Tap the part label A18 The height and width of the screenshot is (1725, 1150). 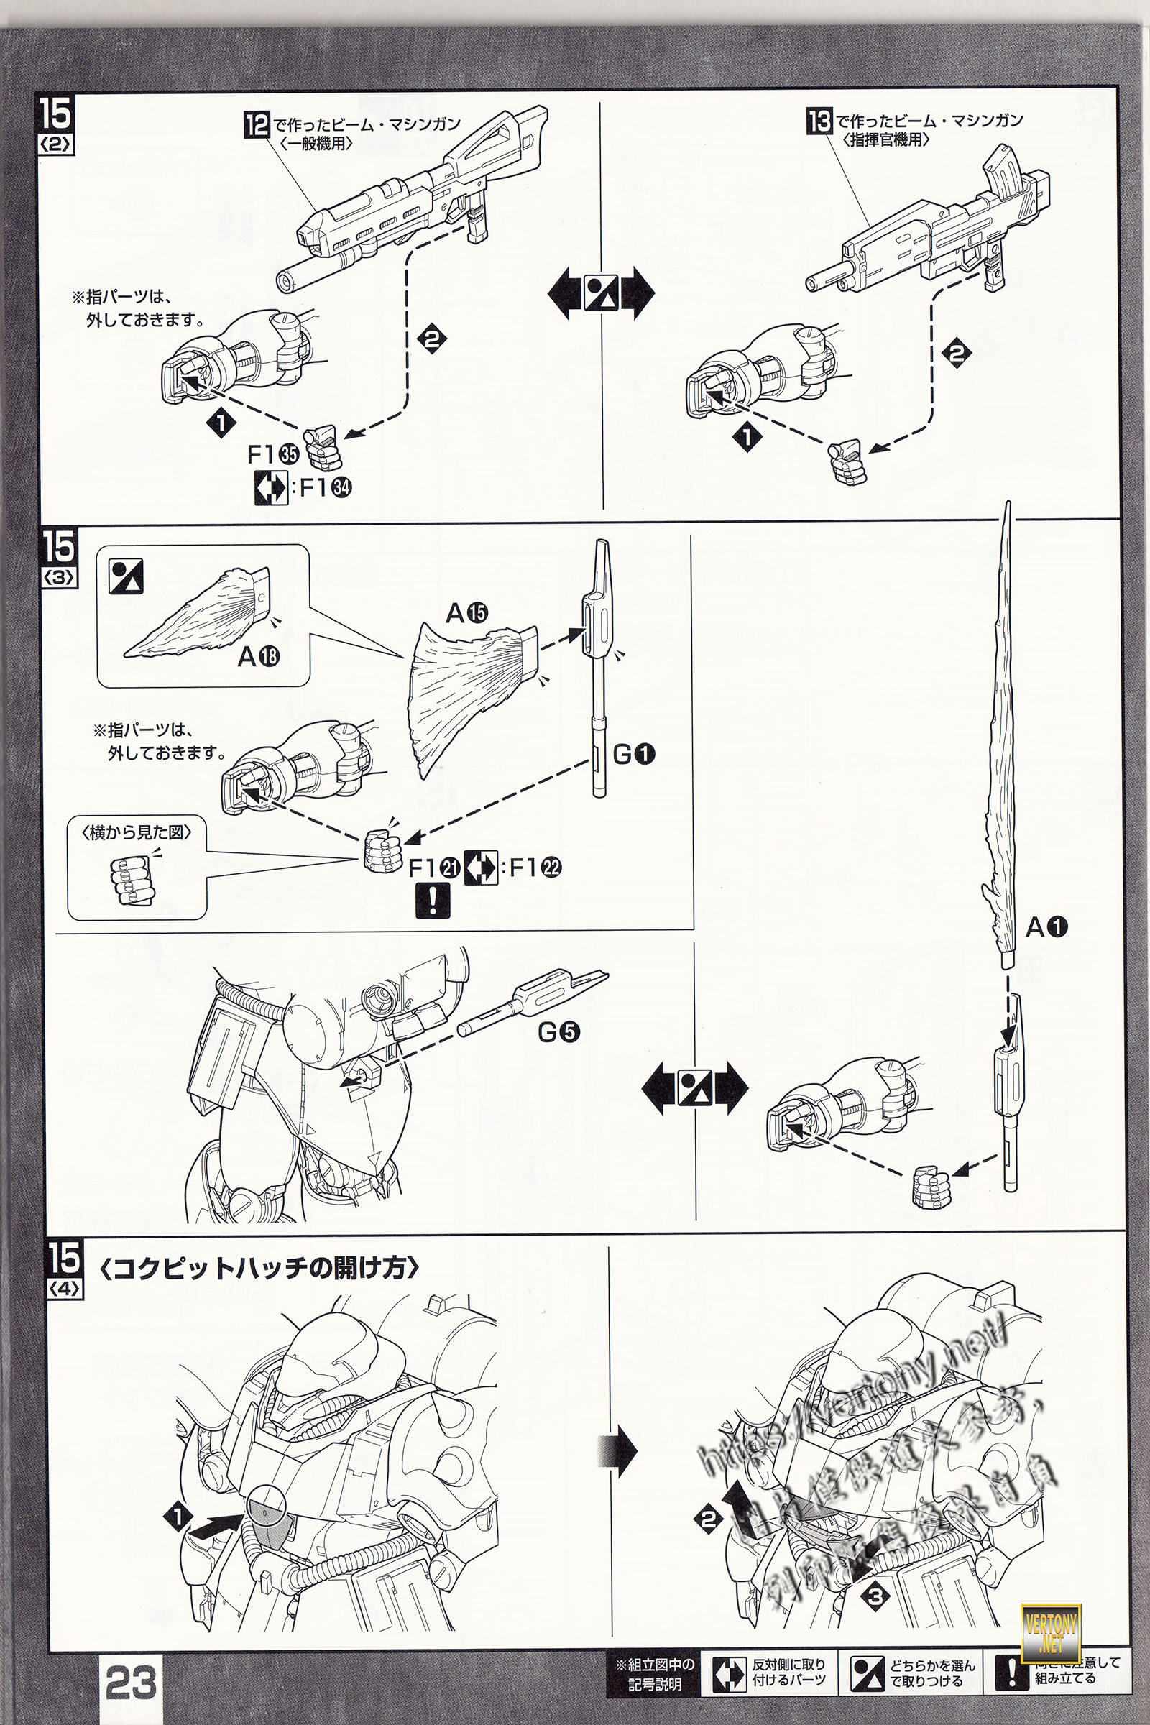click(x=258, y=656)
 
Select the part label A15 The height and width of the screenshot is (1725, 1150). click(x=466, y=612)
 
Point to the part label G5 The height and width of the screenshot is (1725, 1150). click(x=559, y=1032)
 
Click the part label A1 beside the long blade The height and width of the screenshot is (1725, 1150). click(x=1046, y=928)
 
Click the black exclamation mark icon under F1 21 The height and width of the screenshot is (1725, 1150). click(x=432, y=901)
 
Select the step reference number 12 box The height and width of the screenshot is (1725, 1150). click(x=257, y=122)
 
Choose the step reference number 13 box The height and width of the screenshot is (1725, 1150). click(x=820, y=119)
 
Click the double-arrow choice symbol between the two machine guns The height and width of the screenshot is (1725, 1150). click(x=601, y=293)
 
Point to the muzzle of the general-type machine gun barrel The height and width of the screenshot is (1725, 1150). click(x=283, y=280)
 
